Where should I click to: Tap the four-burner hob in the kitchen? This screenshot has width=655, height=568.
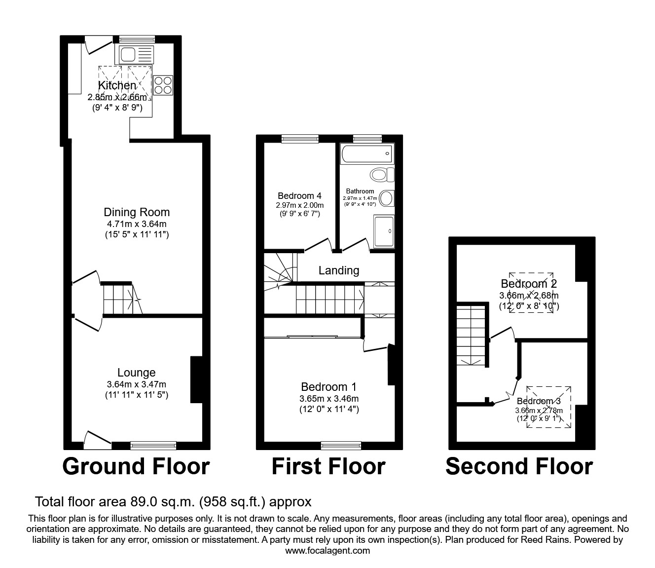(163, 84)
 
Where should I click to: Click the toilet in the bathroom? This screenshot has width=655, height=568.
(383, 174)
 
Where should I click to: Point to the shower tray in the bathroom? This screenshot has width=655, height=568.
(384, 231)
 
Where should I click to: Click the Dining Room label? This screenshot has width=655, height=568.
(137, 212)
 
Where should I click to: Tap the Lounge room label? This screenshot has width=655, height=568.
(137, 373)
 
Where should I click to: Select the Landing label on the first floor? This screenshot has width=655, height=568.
(339, 270)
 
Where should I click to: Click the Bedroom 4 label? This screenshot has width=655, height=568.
(299, 196)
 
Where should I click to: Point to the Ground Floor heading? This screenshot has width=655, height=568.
(136, 466)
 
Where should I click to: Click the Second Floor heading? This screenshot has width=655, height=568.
(519, 466)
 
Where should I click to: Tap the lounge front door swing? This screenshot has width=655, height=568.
(97, 439)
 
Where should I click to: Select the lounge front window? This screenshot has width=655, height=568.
(153, 446)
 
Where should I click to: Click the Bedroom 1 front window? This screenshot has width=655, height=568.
(341, 446)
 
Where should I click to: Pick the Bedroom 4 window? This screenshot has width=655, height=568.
(300, 139)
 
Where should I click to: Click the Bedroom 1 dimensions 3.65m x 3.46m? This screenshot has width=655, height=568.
(329, 399)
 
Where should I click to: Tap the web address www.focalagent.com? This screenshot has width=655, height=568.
(327, 551)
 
